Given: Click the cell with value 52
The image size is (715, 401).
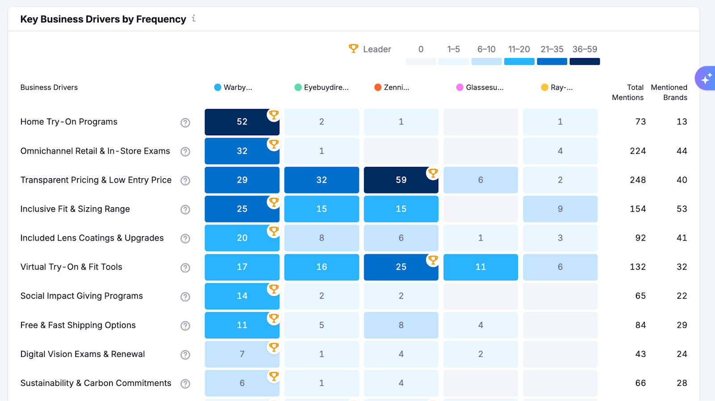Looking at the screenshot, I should coord(242,122).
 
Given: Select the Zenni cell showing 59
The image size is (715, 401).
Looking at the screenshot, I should coord(401,180).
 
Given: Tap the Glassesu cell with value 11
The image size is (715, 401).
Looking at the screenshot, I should coord(480,267).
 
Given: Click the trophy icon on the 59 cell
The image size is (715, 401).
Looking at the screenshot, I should coord(433,173).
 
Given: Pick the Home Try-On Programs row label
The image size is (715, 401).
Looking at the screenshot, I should coord(69,122).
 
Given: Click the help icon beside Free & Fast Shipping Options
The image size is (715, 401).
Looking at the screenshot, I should coord(185,326).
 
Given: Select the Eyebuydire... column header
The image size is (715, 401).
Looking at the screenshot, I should coord(326,88).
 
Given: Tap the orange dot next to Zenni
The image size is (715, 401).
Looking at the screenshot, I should coord(378,88).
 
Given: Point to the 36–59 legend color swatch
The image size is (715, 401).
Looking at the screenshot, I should coord(585,62).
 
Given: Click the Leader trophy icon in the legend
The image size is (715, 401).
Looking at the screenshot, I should coord(353,48).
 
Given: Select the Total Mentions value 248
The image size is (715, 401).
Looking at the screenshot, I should coord(638,180).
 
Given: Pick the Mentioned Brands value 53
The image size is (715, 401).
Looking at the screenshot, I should coord(681,209).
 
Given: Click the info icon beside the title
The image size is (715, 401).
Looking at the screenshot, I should coord(193,18).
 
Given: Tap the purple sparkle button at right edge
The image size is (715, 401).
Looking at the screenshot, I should coord(706,79).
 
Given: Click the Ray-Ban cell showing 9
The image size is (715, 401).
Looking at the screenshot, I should coord(560,209).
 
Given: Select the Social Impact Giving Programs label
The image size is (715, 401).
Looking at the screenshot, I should coord(82,296).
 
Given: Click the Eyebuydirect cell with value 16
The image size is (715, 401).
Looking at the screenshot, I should coord(321,267).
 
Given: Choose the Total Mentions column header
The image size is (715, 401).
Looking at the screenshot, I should coord(628,92).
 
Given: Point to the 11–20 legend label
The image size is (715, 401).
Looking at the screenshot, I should coord(519,49).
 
